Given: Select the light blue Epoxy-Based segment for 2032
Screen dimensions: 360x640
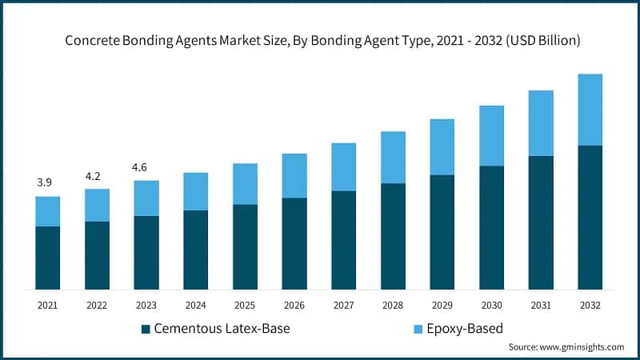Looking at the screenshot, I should click(590, 110).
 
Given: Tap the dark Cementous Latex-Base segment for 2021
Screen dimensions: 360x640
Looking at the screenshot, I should click(48, 258).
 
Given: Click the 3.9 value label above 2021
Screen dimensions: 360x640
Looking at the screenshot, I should click(45, 183).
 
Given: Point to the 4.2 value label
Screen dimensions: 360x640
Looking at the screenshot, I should click(94, 176).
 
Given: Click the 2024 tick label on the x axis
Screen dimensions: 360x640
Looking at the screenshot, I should click(195, 305).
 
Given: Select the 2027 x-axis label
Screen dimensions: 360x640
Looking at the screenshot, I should click(343, 305).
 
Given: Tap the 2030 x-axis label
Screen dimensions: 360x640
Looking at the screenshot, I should click(491, 305).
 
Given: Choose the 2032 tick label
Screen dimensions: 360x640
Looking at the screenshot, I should click(590, 305).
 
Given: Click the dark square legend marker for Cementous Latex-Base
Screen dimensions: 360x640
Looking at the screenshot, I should click(145, 329).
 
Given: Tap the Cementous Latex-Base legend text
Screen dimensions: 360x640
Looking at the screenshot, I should click(221, 329).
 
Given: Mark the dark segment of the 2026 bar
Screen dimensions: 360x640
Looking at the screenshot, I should click(294, 243).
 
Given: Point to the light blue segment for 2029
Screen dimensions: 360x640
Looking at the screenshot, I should click(442, 146).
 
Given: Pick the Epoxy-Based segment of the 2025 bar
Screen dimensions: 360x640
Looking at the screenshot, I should click(245, 184).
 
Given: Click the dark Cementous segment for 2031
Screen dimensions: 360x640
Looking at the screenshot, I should click(541, 222).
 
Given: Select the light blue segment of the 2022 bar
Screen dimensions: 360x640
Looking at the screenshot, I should click(97, 205).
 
